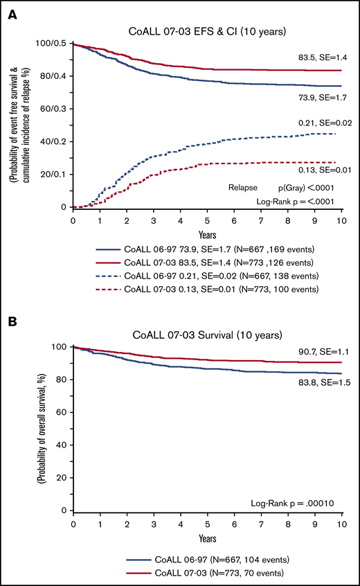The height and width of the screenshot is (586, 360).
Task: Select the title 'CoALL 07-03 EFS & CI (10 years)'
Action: pos(208,30)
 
